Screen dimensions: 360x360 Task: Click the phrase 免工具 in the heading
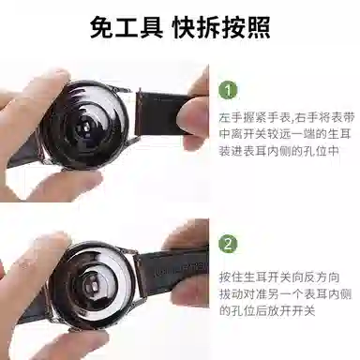[x=124, y=26]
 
